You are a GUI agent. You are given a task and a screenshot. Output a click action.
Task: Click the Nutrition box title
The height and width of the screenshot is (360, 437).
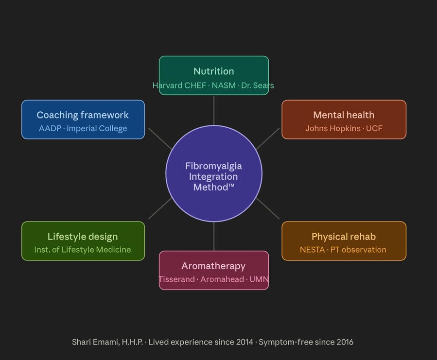(213, 71)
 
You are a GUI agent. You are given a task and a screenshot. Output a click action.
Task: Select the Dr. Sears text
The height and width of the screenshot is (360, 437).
(258, 86)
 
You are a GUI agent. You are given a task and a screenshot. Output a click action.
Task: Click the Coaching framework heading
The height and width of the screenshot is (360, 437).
(83, 115)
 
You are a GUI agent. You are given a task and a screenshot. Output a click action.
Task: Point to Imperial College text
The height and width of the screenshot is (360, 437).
(97, 129)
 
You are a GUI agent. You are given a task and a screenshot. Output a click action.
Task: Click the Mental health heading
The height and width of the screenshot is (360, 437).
(344, 115)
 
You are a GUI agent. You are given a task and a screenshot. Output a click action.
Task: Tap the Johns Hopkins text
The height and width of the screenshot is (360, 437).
(332, 129)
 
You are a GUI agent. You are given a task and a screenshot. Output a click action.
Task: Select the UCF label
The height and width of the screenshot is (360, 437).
(374, 129)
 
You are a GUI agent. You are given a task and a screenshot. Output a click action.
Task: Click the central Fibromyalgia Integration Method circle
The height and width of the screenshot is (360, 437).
(214, 173)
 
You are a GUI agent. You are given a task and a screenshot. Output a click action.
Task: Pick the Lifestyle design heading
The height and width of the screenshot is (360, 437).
(83, 237)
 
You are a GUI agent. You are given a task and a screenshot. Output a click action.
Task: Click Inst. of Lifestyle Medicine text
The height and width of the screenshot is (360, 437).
(83, 250)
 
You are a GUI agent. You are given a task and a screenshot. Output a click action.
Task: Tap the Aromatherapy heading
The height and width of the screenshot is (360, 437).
(213, 266)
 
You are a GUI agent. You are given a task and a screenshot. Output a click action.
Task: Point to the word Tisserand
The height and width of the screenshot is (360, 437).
(176, 280)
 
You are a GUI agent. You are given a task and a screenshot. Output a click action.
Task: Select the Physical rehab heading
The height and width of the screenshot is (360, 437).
(344, 237)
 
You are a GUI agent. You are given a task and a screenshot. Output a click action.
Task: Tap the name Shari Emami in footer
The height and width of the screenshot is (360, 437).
(95, 342)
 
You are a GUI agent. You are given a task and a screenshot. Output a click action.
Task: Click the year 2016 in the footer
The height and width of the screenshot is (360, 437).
(344, 342)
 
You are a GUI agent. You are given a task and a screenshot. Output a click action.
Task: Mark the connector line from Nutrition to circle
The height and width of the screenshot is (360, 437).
(214, 110)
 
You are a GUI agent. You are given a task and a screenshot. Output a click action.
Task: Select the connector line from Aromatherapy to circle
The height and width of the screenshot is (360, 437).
(214, 237)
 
